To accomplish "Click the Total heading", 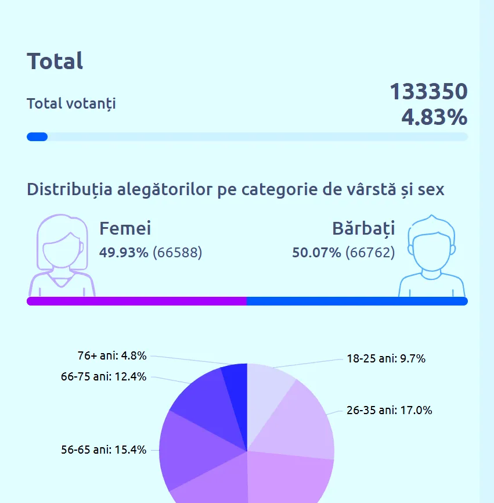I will pos(55,61).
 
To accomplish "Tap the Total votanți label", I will pos(71,104).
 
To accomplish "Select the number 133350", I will pos(428,92).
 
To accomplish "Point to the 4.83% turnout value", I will pos(434,117).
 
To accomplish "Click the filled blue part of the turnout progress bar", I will pos(37,137).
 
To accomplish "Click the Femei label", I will pos(125,228).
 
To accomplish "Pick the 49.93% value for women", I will pos(124,253).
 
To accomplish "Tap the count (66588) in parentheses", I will pos(177,253).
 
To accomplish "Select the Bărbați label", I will pos(363,228).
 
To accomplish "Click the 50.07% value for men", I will pos(316,253).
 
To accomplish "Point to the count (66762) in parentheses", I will pos(370,253).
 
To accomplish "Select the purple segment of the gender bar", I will pos(136,301).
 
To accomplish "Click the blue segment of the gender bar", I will pos(357,301).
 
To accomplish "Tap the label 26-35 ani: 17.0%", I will pos(389,411).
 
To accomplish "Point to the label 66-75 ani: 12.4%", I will pos(103,376).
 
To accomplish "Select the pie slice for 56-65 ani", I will pos(192,453).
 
